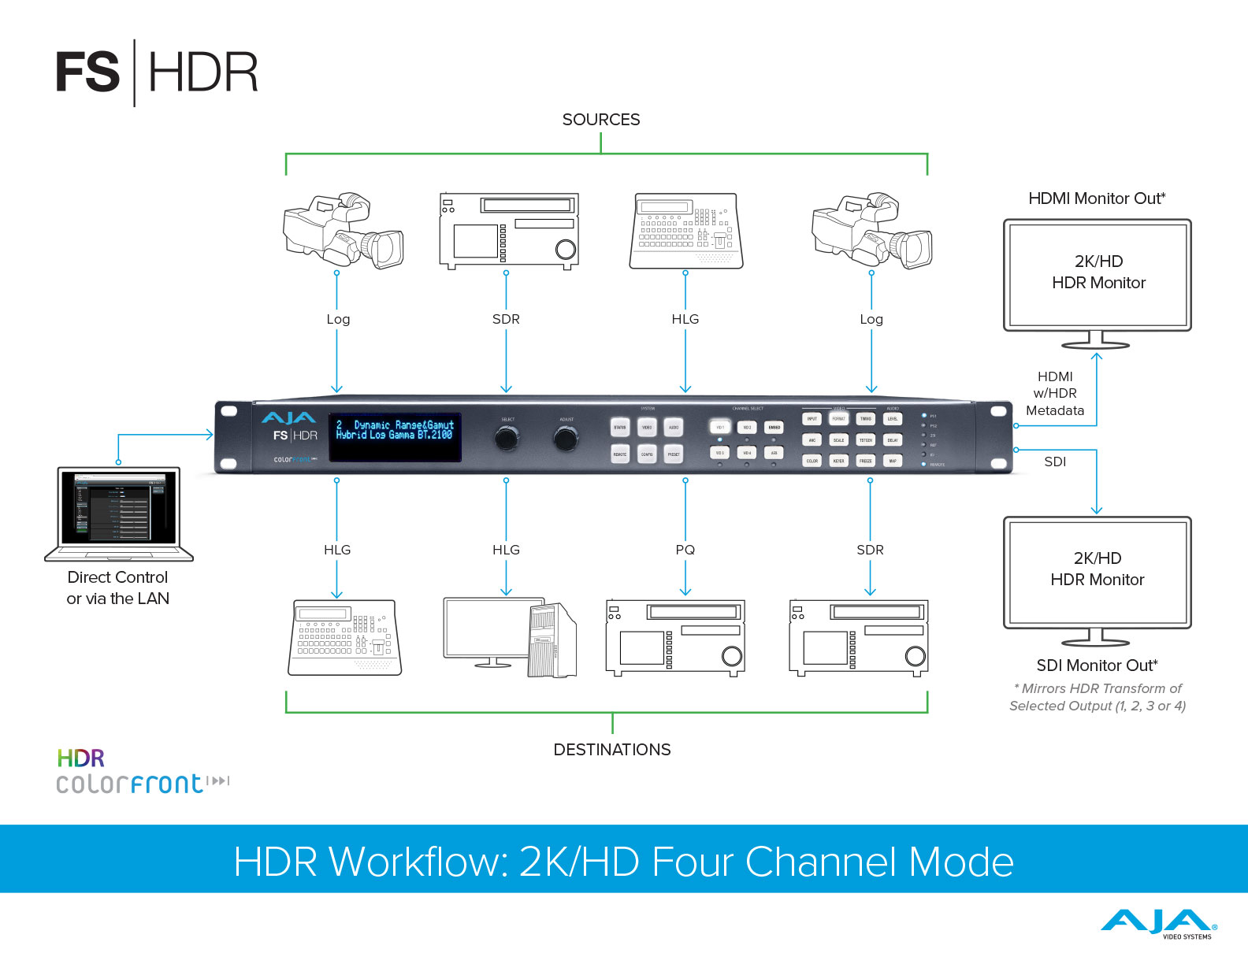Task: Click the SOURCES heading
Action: coord(601,120)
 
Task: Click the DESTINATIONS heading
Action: coord(612,750)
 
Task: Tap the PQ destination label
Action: coord(685,550)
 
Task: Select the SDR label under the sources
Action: coord(506,319)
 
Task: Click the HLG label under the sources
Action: coord(685,319)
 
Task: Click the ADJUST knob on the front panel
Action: coord(566,438)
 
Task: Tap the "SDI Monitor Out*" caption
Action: coord(1097,666)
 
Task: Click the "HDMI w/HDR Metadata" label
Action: coord(1055,394)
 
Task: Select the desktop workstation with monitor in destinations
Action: coord(510,637)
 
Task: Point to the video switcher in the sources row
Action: coord(685,232)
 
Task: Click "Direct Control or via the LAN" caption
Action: coord(118,588)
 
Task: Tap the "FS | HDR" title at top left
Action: coord(157,72)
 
